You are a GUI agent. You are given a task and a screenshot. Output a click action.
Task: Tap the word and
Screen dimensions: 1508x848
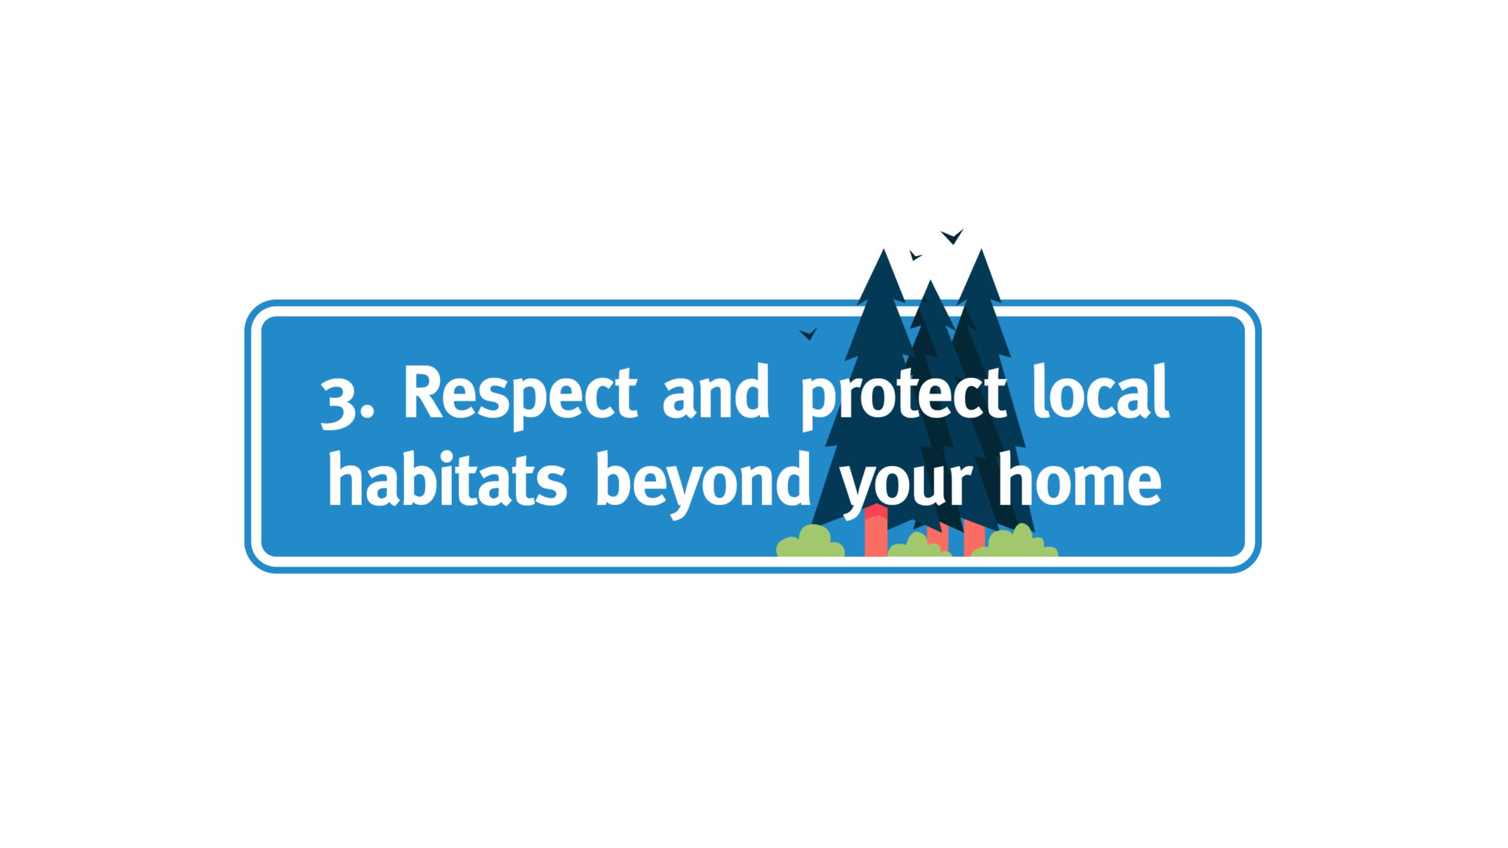[x=716, y=391]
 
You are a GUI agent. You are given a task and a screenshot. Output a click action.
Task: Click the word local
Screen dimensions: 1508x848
[x=1100, y=391]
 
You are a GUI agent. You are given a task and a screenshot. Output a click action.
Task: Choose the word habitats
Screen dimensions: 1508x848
[x=448, y=478]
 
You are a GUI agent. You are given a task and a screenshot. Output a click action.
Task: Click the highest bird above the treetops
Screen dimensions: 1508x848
[x=952, y=237]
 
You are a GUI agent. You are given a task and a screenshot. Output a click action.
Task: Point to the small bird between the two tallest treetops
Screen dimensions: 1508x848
[x=915, y=256]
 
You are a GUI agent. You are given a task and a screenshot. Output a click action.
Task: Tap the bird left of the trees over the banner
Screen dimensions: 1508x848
[x=808, y=334]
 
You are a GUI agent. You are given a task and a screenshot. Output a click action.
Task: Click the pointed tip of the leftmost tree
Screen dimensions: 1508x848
[x=884, y=249]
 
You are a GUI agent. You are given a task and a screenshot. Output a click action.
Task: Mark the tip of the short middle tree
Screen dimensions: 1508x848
[x=931, y=280]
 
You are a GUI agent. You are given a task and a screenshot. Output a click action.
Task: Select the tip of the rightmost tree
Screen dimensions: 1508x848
[x=981, y=249]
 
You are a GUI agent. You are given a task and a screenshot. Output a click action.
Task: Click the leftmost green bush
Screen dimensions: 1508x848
[x=810, y=541]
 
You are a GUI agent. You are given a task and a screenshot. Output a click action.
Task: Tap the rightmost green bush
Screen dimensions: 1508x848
[x=1014, y=541]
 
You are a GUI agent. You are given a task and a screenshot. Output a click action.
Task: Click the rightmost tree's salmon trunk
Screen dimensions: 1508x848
[x=974, y=537]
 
